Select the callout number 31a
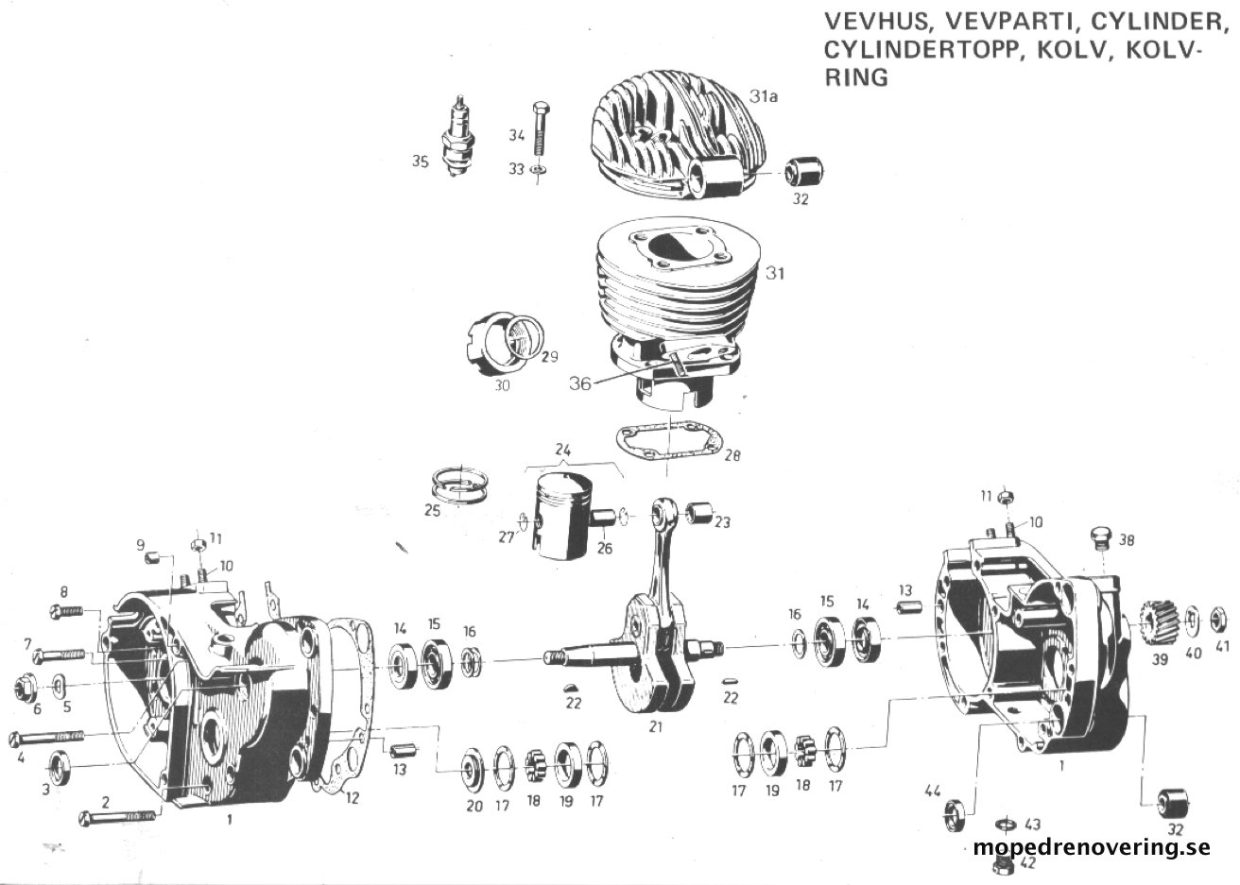764,96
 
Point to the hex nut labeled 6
25,688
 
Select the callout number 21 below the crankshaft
655,727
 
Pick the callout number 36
580,383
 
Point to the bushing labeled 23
698,513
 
